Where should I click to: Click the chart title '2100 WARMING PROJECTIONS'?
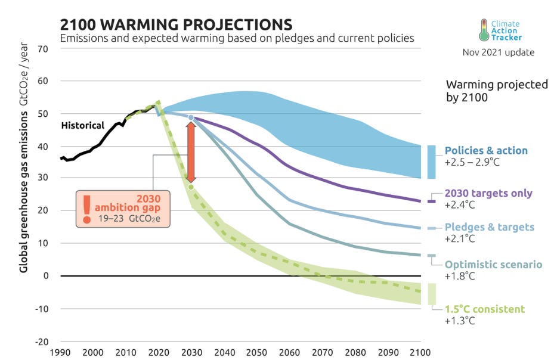(176, 24)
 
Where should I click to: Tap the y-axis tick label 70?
(42, 48)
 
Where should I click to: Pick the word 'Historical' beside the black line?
(83, 126)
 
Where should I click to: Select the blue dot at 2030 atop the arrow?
(191, 118)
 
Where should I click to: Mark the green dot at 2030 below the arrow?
(191, 187)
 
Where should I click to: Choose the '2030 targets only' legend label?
(488, 194)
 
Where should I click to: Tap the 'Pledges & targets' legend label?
(489, 227)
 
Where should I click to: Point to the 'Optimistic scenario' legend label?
(493, 264)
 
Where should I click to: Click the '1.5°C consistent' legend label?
(485, 309)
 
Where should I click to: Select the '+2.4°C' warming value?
(458, 205)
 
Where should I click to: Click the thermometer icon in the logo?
(484, 29)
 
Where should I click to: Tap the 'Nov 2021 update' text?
(499, 52)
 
